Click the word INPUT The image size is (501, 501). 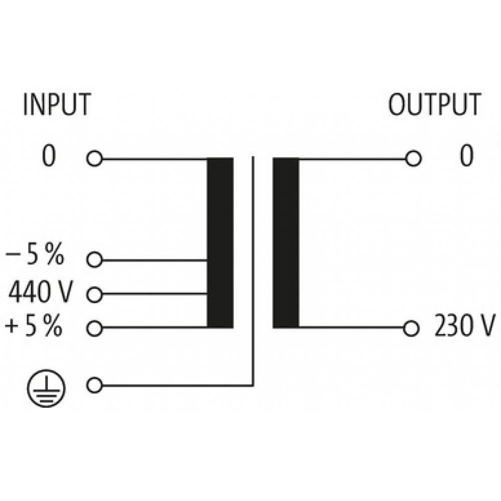pos(57,105)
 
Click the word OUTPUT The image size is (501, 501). pos(434,105)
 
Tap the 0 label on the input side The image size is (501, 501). pos(49,156)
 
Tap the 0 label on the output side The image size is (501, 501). pos(466,156)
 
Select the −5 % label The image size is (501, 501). pos(35,255)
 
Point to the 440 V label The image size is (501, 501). pos(41,292)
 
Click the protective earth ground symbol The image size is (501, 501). pos(46,389)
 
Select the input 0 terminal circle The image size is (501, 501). pos(95,158)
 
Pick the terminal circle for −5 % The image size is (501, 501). pos(95,260)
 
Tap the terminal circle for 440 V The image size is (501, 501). pos(95,295)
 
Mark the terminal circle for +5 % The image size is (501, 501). pos(95,329)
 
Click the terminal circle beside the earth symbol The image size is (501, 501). pos(95,385)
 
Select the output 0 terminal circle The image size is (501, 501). pos(413,158)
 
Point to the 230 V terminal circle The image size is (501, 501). pos(411,329)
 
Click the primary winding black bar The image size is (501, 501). pos(220,243)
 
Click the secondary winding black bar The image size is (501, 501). pos(286,243)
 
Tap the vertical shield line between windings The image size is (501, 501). pos(253,271)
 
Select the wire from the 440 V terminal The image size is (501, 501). pos(155,294)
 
